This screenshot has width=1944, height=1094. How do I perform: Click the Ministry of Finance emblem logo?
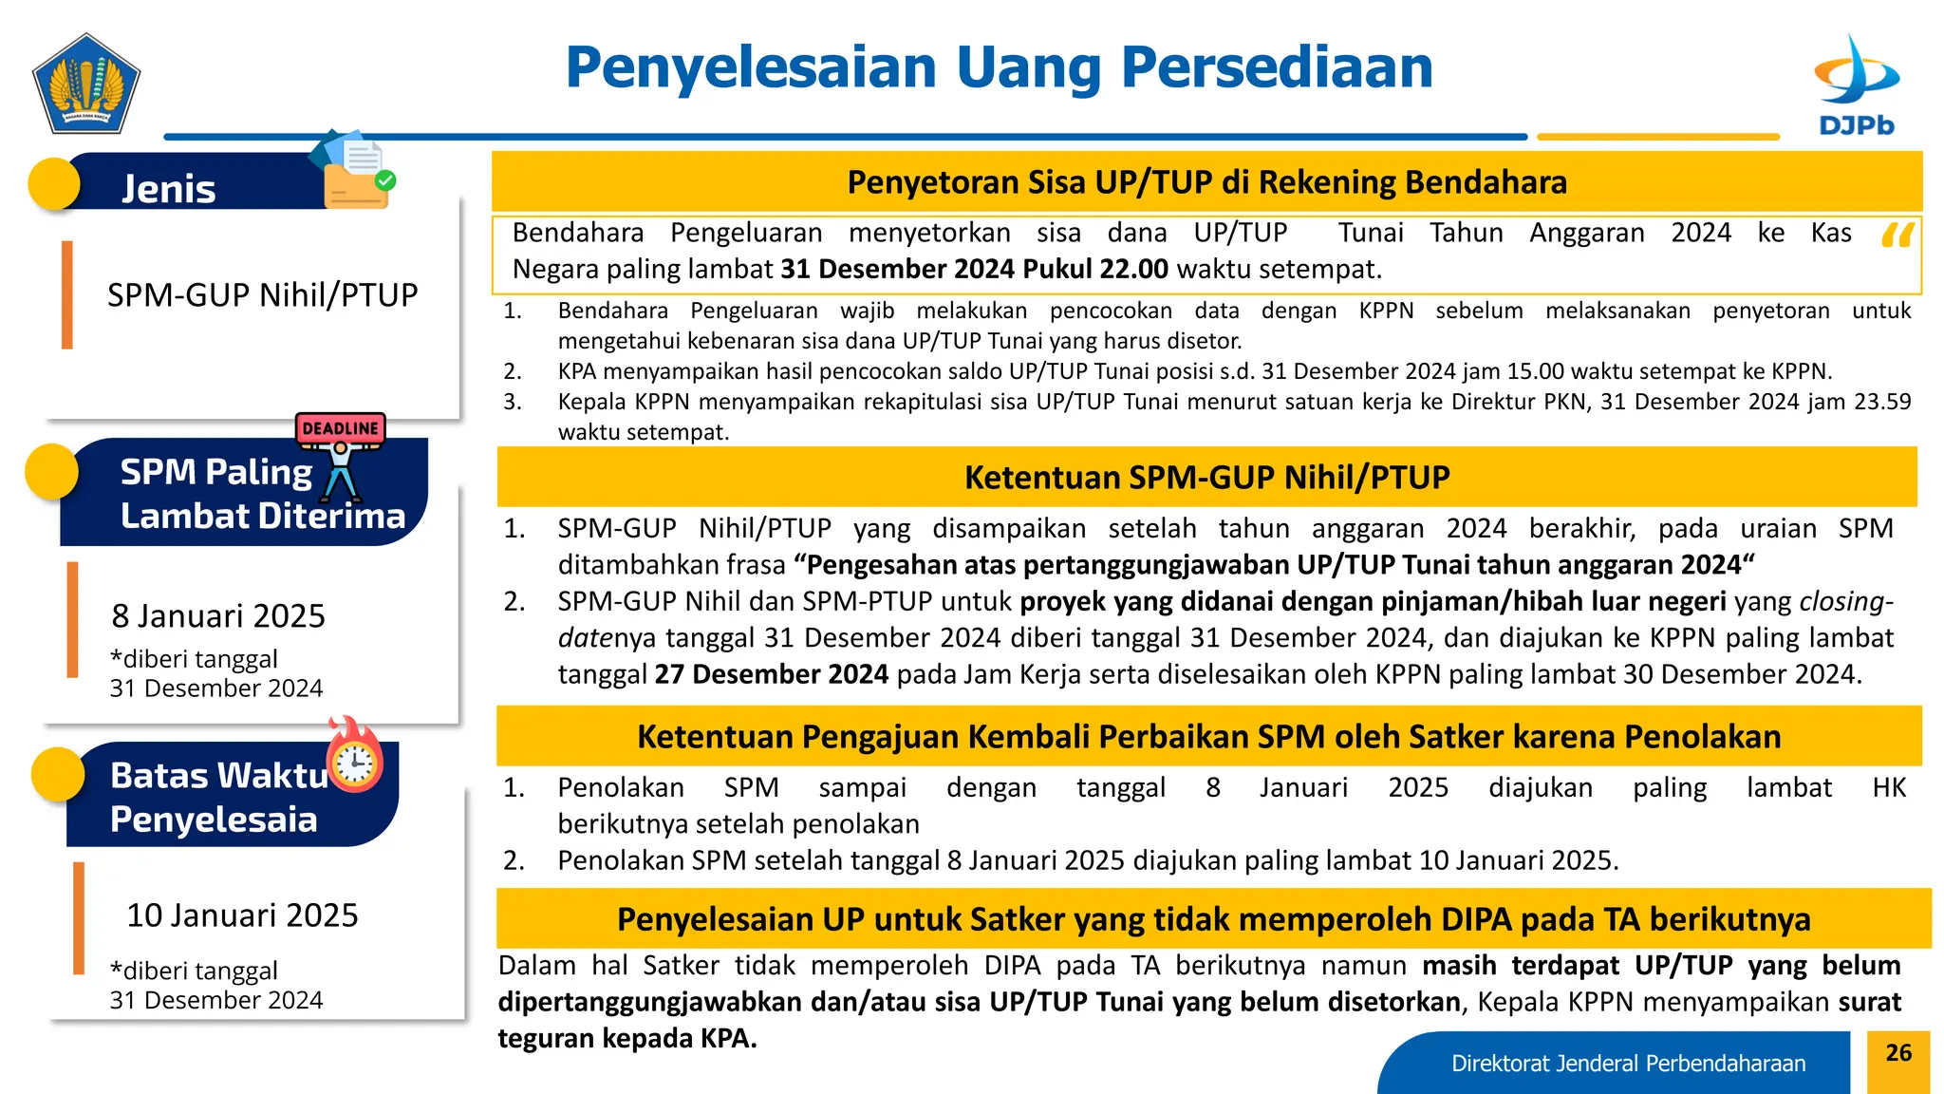[x=86, y=85]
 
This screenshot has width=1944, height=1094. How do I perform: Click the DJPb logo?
[x=1856, y=85]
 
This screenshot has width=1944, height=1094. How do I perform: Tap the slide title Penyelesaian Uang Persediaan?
[x=999, y=67]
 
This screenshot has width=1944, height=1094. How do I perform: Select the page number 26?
[x=1898, y=1052]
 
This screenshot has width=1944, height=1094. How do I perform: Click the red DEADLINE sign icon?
[x=340, y=428]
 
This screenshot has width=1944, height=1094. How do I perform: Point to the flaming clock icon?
[x=355, y=758]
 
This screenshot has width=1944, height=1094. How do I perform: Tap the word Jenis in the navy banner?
[x=169, y=189]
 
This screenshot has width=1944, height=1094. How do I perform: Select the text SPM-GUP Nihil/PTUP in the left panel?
[x=262, y=295]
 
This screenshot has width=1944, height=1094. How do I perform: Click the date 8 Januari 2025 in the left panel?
[x=218, y=616]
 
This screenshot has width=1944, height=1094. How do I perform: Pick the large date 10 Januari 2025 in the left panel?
[x=242, y=915]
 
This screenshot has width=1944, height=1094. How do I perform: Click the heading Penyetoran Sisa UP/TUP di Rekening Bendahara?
[x=1206, y=181]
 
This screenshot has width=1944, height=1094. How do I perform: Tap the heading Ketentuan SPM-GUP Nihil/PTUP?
[x=1206, y=477]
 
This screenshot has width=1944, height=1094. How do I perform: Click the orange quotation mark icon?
[x=1897, y=236]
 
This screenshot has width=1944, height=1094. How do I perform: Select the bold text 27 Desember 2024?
[x=771, y=674]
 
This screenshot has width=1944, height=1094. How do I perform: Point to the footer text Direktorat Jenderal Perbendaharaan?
[x=1628, y=1064]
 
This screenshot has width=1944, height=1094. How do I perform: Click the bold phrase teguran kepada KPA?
[x=627, y=1038]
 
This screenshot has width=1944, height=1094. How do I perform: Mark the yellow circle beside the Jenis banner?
[x=54, y=183]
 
